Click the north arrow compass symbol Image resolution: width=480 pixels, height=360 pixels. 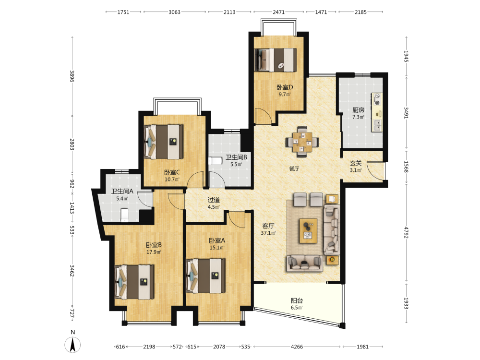pyautogui.click(x=72, y=345)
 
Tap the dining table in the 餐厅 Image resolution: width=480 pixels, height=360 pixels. pyautogui.click(x=302, y=142)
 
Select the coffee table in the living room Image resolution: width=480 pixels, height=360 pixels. pyautogui.click(x=308, y=231)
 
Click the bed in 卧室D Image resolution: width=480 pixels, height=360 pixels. pyautogui.click(x=276, y=60)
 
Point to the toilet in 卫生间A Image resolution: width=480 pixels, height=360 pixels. pyautogui.click(x=124, y=215)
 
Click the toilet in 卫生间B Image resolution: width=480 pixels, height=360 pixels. pyautogui.click(x=214, y=161)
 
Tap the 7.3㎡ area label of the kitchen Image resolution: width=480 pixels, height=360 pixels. pyautogui.click(x=358, y=117)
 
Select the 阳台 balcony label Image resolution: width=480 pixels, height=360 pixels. pyautogui.click(x=297, y=300)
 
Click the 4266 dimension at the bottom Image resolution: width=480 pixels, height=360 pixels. pyautogui.click(x=297, y=347)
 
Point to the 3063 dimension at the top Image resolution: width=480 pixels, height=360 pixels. pyautogui.click(x=175, y=12)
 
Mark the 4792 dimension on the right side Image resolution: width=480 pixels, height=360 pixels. pyautogui.click(x=406, y=232)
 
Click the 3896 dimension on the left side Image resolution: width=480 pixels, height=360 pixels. pyautogui.click(x=72, y=76)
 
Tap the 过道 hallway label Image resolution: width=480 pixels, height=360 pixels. pyautogui.click(x=214, y=200)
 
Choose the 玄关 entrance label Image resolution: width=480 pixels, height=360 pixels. pyautogui.click(x=356, y=163)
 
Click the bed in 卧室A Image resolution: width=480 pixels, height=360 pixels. pyautogui.click(x=205, y=276)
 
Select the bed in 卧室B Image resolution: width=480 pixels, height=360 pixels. pyautogui.click(x=134, y=282)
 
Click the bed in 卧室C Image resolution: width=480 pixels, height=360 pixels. pyautogui.click(x=164, y=142)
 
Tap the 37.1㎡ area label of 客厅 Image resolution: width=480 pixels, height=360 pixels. pyautogui.click(x=268, y=233)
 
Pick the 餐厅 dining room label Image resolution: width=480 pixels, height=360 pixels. pyautogui.click(x=294, y=168)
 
